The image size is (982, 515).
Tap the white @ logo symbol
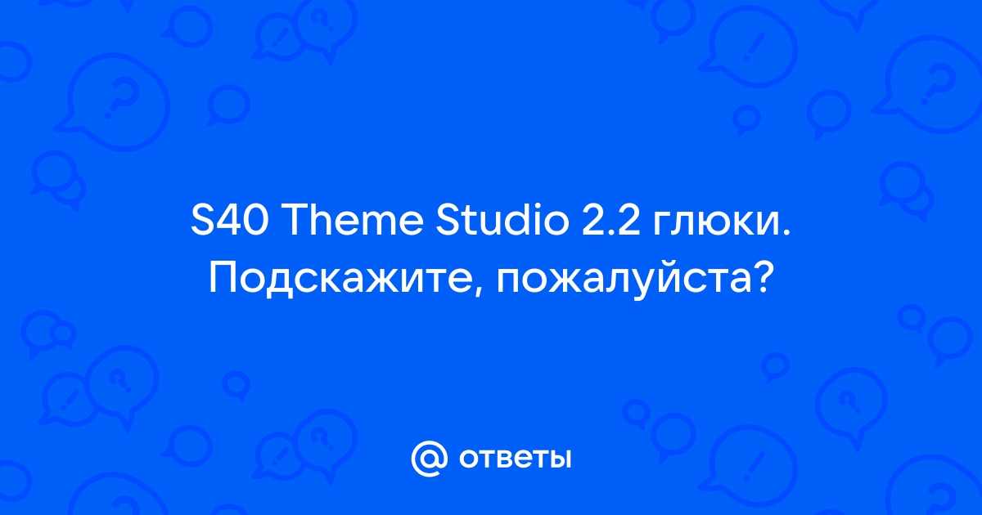(429, 458)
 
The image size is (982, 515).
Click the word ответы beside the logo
(515, 459)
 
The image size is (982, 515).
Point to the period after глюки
(786, 232)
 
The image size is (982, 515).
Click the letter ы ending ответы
(560, 459)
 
